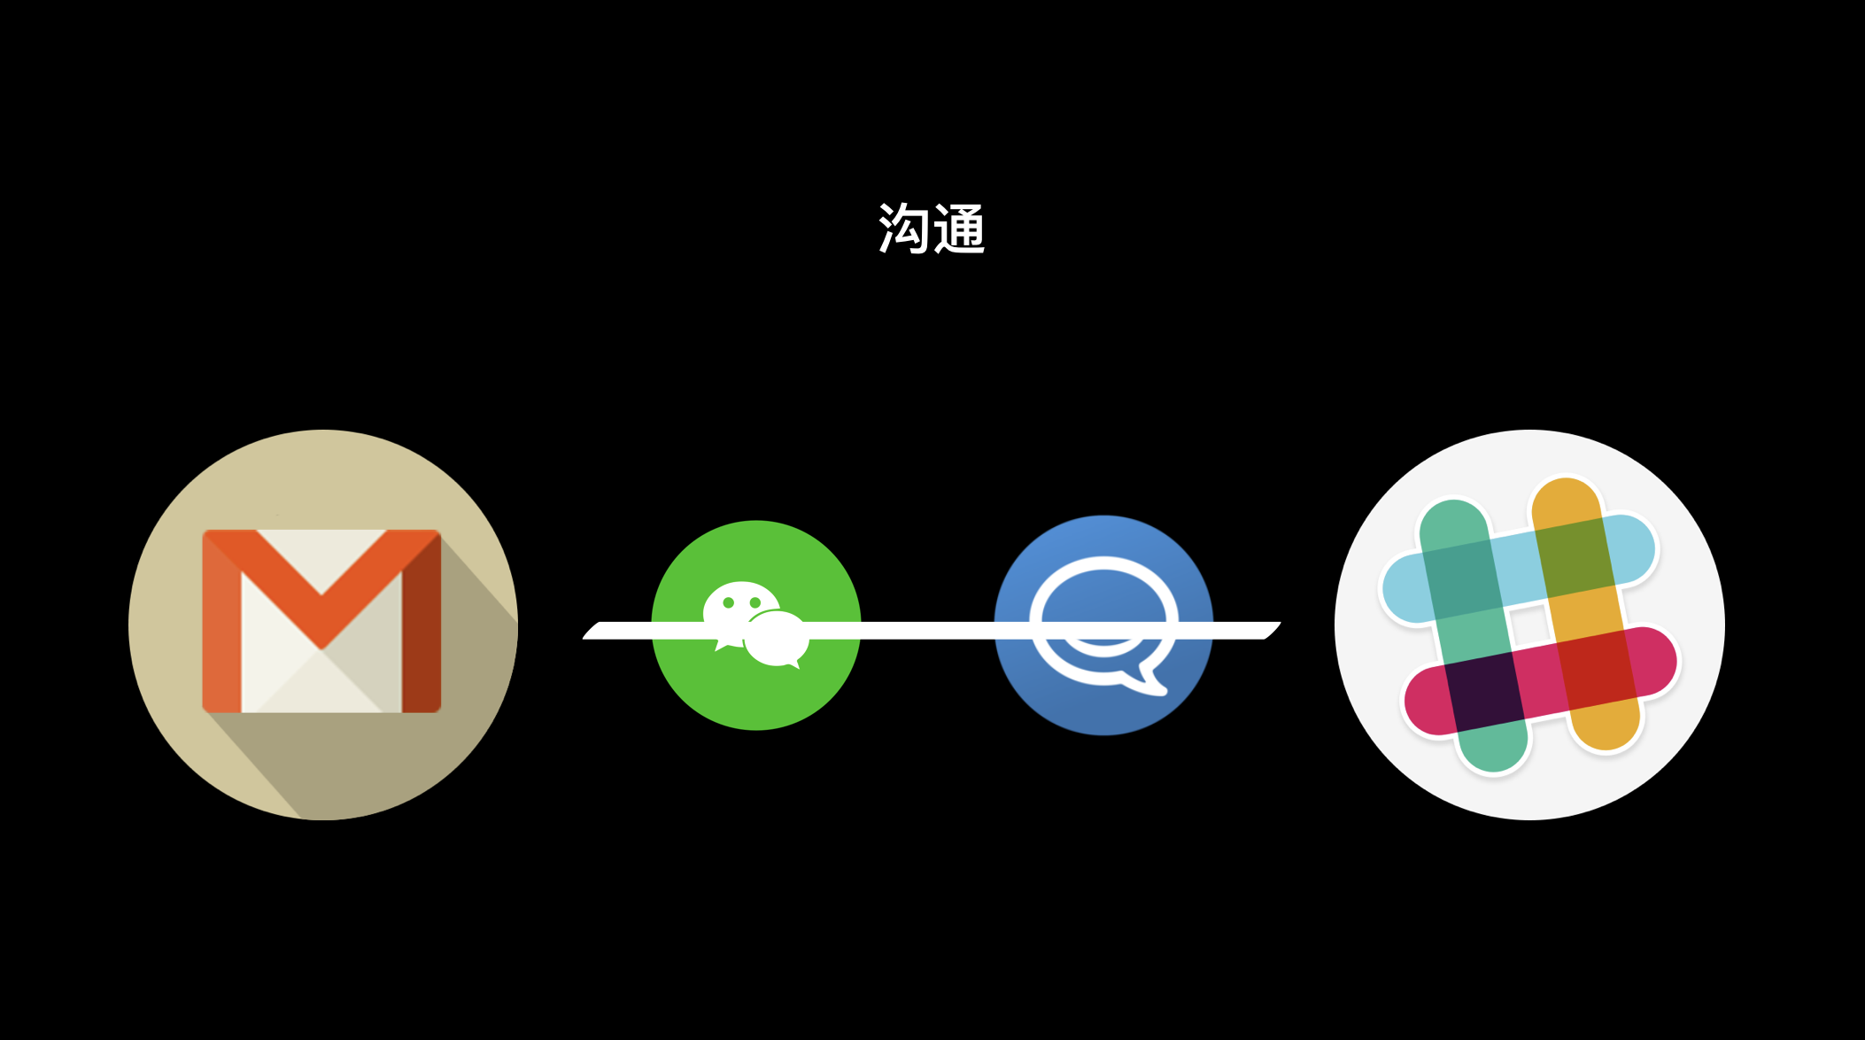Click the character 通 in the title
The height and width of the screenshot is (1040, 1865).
click(x=959, y=228)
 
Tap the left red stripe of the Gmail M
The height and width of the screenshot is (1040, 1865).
click(x=222, y=621)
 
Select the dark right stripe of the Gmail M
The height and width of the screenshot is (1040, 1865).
click(x=422, y=621)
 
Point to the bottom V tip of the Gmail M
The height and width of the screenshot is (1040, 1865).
click(x=321, y=648)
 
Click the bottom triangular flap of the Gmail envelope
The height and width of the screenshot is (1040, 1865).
click(x=321, y=681)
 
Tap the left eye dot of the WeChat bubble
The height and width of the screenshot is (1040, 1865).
click(x=729, y=602)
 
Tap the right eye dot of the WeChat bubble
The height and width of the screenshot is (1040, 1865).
click(x=755, y=602)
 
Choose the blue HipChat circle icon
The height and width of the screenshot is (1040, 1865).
click(x=1103, y=625)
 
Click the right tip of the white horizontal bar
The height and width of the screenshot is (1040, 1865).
click(x=1280, y=624)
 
